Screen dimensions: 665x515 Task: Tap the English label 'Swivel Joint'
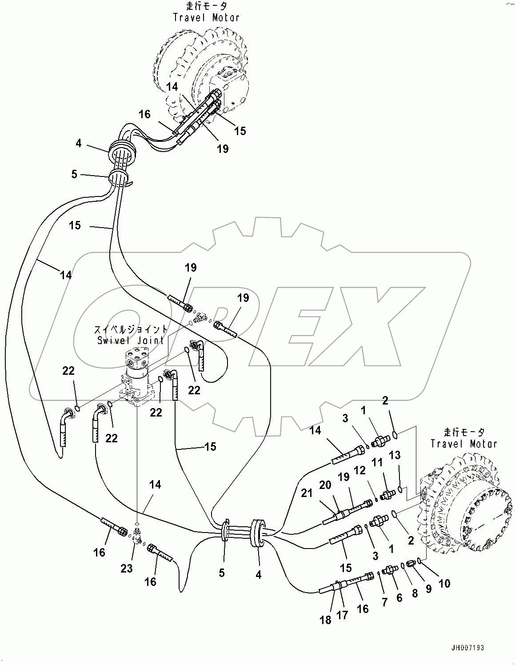[130, 341]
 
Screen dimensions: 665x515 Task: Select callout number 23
[127, 568]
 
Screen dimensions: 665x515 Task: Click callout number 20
[325, 485]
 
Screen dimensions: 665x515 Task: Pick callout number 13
[395, 455]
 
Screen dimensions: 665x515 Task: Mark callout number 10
[444, 584]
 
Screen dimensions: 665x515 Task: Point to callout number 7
[385, 602]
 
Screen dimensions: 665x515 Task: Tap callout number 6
[399, 598]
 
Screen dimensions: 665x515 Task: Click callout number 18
[325, 620]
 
